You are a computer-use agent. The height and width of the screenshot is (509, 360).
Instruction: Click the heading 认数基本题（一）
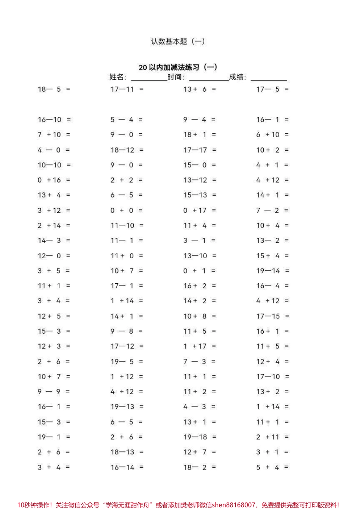pyautogui.click(x=178, y=41)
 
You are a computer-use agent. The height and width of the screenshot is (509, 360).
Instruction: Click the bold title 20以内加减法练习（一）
pyautogui.click(x=178, y=67)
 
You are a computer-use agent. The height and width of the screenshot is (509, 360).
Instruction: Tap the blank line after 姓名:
pyautogui.click(x=149, y=78)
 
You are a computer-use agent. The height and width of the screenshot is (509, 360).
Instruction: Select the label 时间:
pyautogui.click(x=176, y=77)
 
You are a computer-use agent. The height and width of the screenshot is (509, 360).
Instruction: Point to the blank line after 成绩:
pyautogui.click(x=269, y=78)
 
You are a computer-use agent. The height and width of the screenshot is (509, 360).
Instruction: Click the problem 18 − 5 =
pyautogui.click(x=54, y=89)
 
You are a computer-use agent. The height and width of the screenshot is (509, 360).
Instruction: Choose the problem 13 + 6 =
pyautogui.click(x=200, y=89)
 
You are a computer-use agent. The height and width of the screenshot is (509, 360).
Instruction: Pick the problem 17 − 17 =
pyautogui.click(x=200, y=150)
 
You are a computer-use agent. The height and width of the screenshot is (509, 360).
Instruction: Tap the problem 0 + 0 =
pyautogui.click(x=127, y=211)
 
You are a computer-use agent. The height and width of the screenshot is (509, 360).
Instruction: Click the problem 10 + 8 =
pyautogui.click(x=200, y=316)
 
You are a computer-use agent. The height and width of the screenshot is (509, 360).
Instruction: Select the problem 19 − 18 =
pyautogui.click(x=200, y=437)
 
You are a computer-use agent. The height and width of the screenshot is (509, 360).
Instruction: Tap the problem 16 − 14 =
pyautogui.click(x=127, y=467)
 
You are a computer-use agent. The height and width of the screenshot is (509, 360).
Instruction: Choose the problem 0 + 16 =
pyautogui.click(x=54, y=180)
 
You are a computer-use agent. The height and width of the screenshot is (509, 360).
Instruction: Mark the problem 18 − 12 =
pyautogui.click(x=127, y=150)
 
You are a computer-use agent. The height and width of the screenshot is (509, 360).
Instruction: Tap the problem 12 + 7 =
pyautogui.click(x=200, y=452)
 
